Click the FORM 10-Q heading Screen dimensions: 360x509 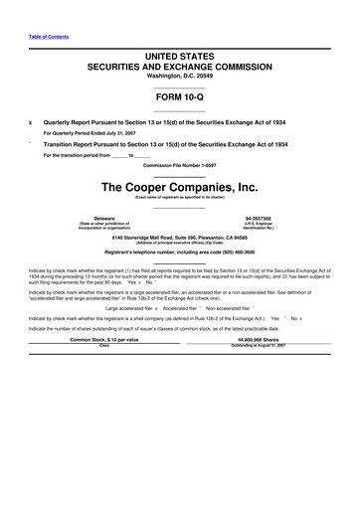tap(179, 97)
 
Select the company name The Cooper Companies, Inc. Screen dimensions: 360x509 tap(179, 186)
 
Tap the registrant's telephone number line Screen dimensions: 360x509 tap(179, 253)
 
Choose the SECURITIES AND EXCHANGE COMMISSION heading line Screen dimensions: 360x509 tap(179, 67)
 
